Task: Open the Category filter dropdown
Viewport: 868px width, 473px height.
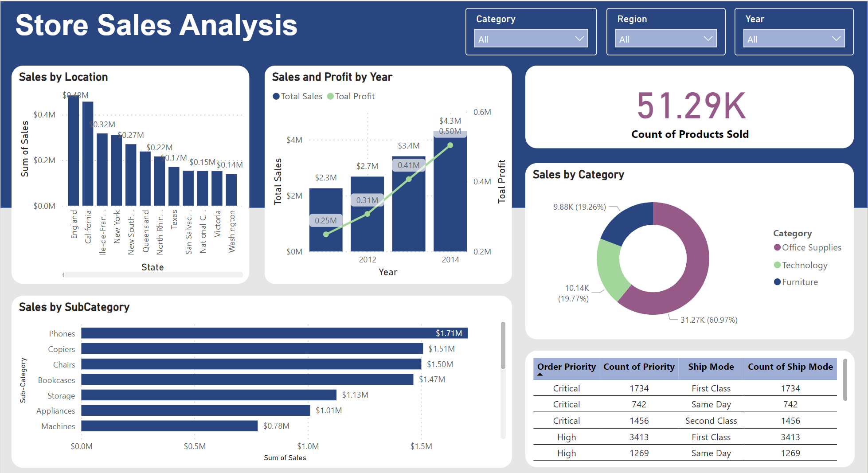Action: (531, 39)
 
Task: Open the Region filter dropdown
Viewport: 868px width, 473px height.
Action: (665, 39)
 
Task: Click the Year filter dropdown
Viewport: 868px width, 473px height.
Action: (794, 39)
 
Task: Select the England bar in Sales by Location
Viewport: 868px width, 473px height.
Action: (74, 151)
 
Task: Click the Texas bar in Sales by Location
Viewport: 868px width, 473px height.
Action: (174, 186)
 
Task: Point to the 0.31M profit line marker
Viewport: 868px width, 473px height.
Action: (368, 214)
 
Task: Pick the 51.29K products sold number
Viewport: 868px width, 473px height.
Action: (691, 106)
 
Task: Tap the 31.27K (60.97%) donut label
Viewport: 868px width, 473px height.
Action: (709, 320)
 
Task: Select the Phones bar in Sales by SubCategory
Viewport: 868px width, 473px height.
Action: (266, 333)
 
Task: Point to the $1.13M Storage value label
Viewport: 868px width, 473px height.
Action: (355, 395)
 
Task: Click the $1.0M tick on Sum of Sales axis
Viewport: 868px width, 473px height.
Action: (308, 446)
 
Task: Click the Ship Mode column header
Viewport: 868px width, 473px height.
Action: (711, 367)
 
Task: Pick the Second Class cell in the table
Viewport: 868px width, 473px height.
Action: (711, 421)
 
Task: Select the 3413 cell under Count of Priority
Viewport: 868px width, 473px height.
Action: (639, 437)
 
